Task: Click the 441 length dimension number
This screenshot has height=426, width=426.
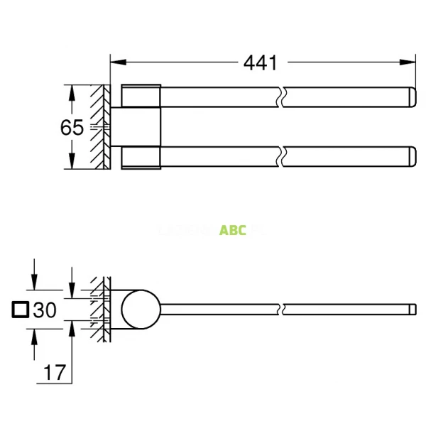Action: (260, 62)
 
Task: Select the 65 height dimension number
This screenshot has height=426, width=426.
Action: (72, 128)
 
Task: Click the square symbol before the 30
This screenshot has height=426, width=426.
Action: (21, 311)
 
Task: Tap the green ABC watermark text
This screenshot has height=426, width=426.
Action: (233, 230)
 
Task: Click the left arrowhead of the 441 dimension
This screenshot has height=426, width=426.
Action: (114, 62)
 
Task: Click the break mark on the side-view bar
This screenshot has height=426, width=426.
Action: (284, 310)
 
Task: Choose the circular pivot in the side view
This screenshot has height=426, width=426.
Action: (141, 310)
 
